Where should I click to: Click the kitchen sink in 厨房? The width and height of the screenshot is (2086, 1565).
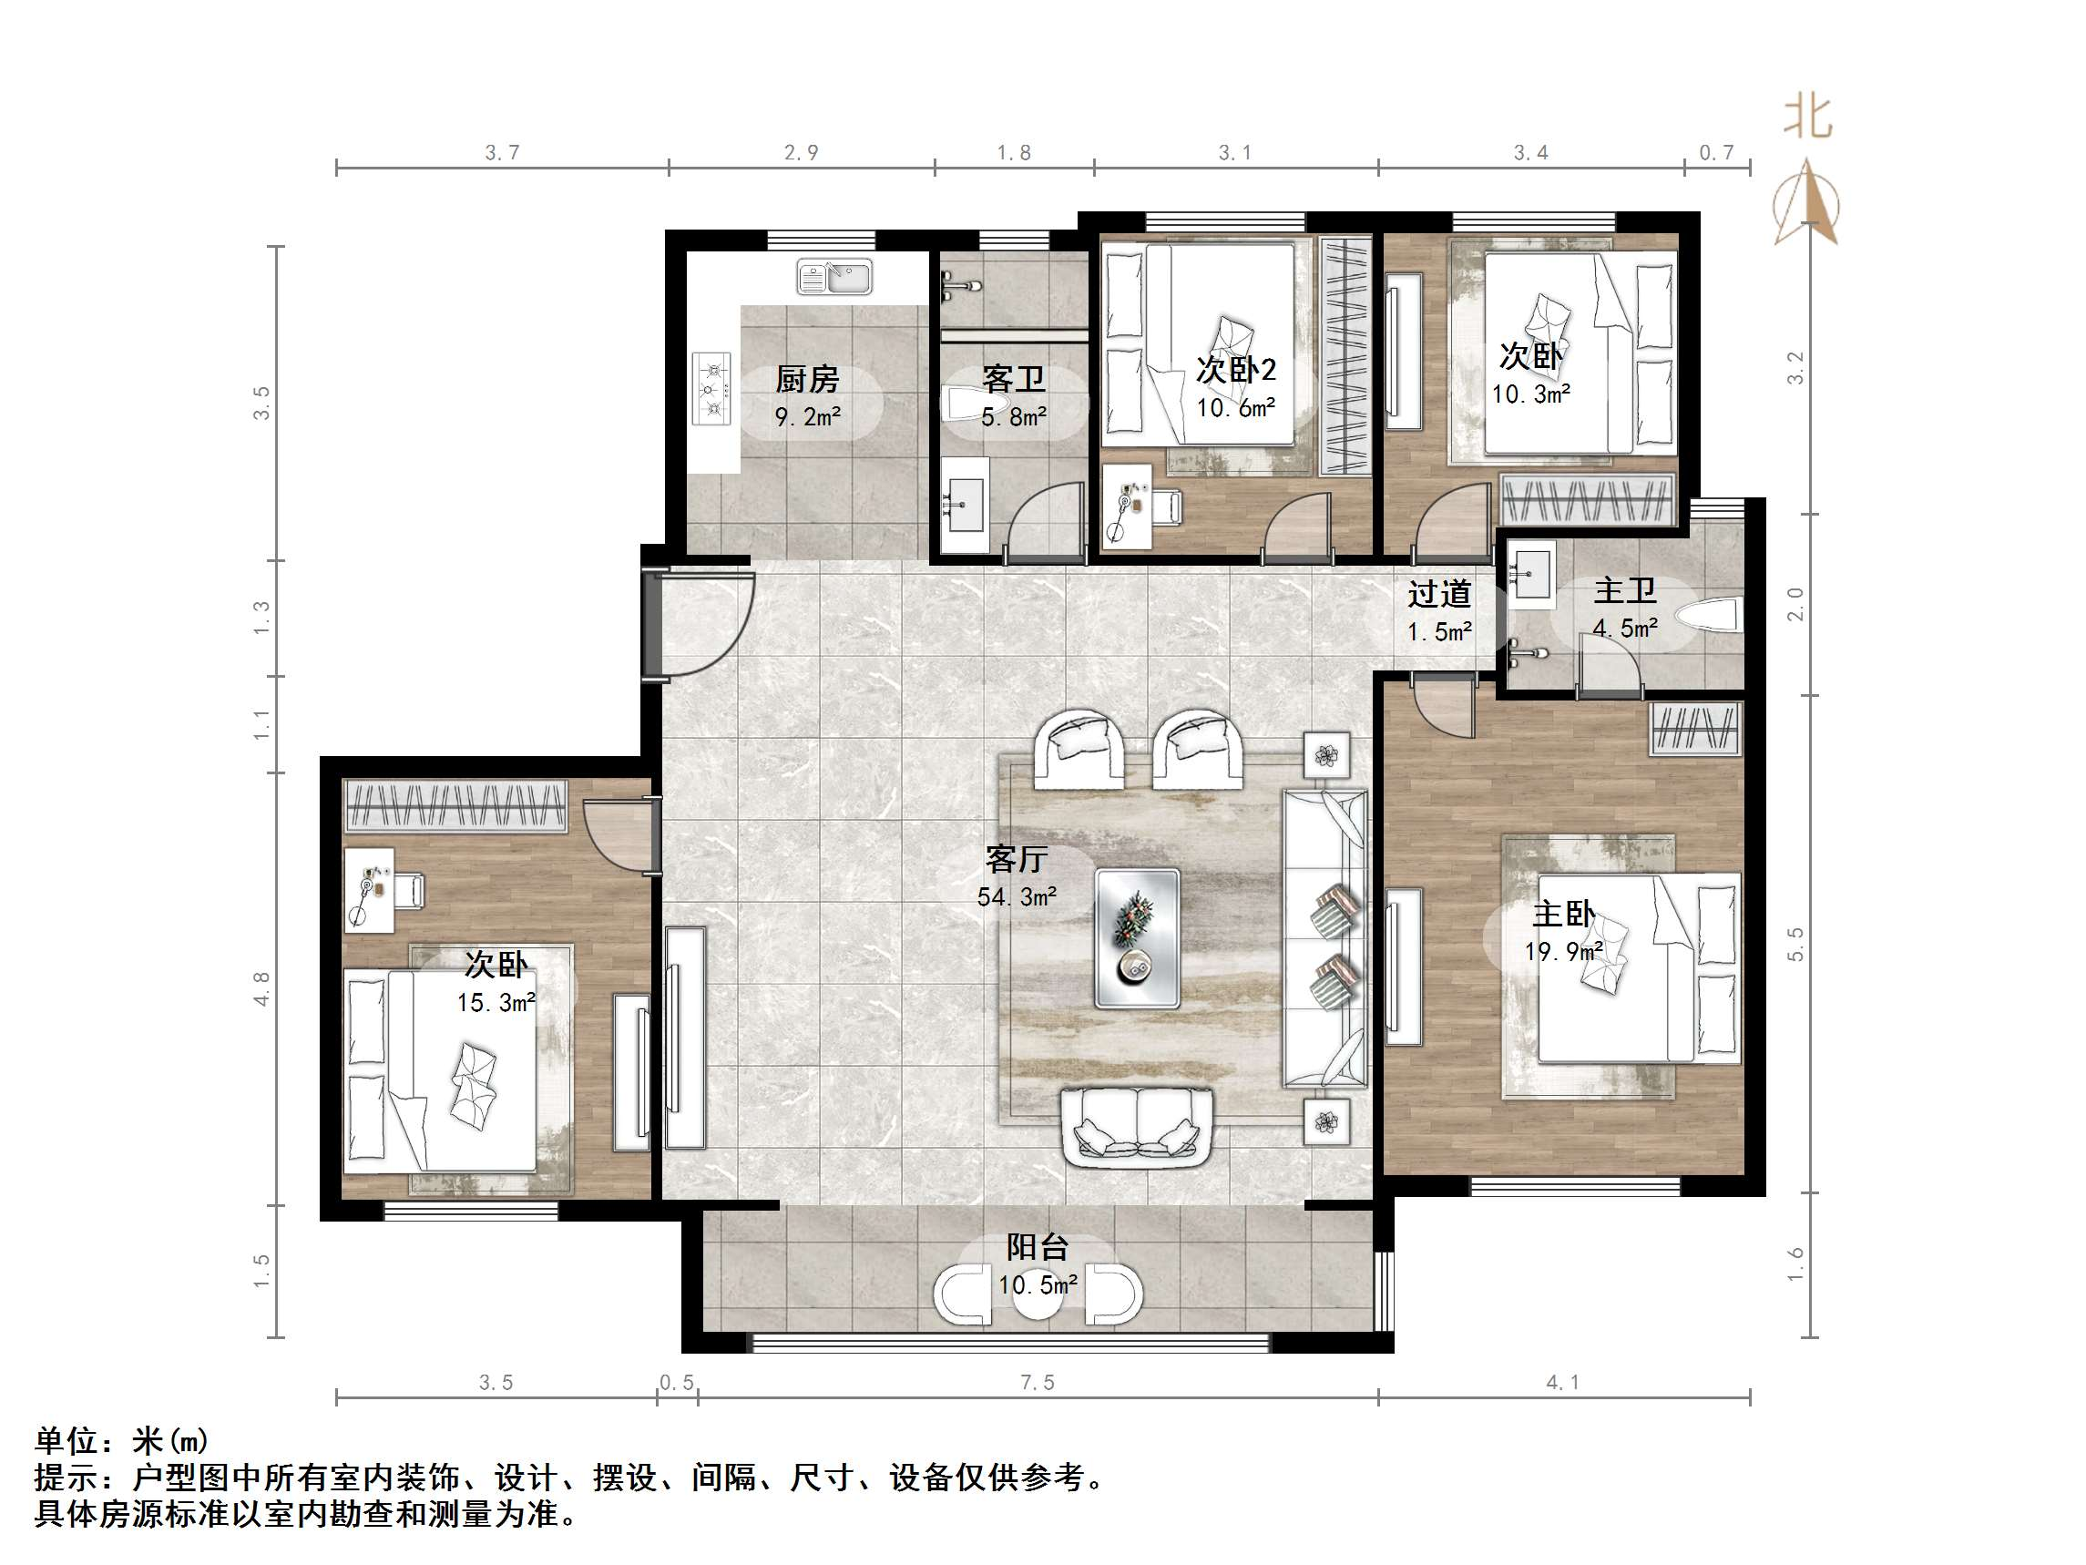click(834, 277)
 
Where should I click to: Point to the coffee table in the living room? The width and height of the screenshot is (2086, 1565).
click(1136, 937)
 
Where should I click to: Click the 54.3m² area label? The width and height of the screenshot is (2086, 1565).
click(1017, 896)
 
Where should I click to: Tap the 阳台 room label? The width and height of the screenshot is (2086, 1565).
click(1038, 1247)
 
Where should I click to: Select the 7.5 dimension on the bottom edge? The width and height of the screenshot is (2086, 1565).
click(1037, 1383)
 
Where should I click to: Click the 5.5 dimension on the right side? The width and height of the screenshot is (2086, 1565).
click(1795, 945)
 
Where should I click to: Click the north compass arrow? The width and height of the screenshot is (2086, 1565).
click(1806, 203)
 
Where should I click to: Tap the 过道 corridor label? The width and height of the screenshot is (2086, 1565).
click(1439, 593)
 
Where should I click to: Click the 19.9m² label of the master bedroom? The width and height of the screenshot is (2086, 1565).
click(1563, 952)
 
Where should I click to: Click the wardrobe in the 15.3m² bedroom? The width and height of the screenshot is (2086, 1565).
click(455, 806)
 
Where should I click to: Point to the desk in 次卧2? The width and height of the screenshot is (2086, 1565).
click(1127, 506)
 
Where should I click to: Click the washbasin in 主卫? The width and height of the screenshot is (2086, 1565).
click(1531, 574)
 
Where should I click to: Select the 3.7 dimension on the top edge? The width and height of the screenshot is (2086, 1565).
click(502, 152)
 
